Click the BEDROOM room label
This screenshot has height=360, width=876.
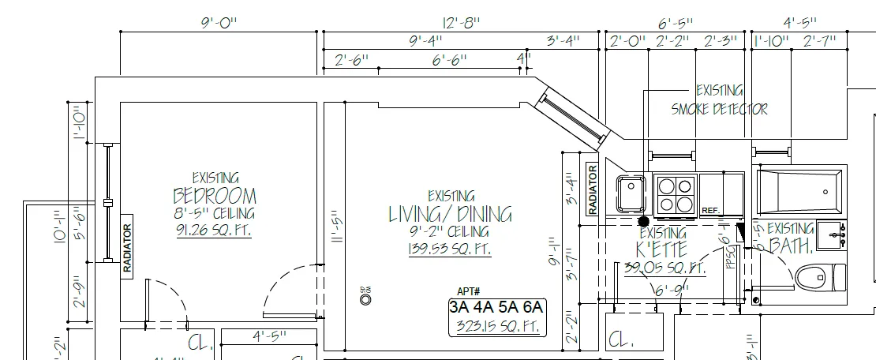(215, 196)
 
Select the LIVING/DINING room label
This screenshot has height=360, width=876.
(450, 214)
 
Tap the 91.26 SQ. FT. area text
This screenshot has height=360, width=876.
(214, 231)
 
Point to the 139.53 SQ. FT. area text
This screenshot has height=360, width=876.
(450, 249)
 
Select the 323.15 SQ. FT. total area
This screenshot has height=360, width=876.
(496, 326)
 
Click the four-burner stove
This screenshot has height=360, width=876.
(675, 194)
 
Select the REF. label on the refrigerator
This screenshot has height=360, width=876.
(710, 211)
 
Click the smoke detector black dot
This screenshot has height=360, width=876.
(643, 222)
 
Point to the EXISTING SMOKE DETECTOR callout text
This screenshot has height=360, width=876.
(719, 100)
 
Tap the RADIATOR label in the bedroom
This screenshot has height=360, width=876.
(126, 249)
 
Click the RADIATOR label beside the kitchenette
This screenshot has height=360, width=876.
(591, 189)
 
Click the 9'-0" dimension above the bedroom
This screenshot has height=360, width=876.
(219, 23)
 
